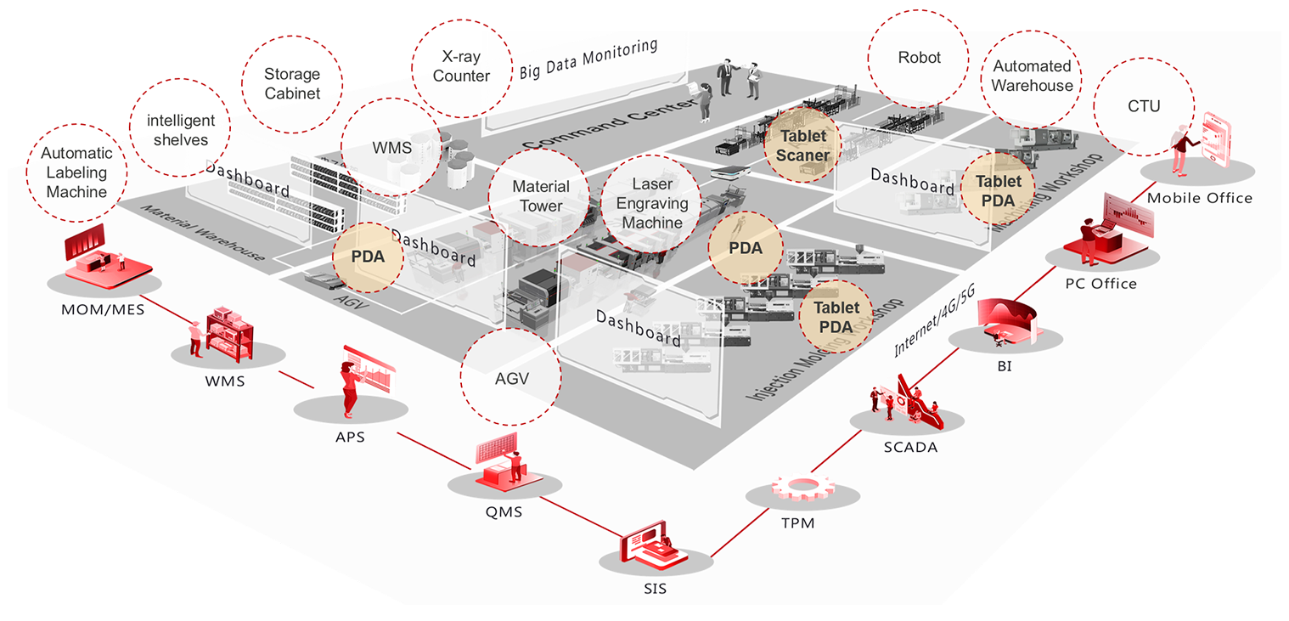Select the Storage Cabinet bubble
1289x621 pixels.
292,83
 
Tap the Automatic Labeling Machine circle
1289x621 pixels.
76,172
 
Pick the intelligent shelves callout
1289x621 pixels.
180,130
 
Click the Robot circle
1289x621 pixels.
919,58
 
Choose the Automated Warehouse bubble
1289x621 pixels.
1032,76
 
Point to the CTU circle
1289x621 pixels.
1144,106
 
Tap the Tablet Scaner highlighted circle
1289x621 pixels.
802,145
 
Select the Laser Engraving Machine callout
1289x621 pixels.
652,203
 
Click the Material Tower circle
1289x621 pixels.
541,196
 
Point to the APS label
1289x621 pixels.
350,438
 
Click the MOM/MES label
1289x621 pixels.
103,309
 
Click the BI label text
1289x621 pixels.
1005,367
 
